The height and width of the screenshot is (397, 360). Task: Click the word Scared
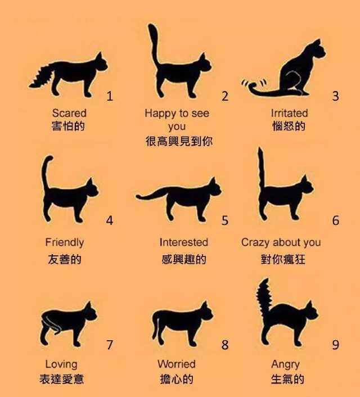69,114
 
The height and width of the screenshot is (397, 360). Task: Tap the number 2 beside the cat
225,96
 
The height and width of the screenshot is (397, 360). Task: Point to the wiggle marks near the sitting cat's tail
246,84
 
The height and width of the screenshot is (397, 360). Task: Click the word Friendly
65,242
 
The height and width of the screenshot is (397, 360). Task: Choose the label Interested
183,242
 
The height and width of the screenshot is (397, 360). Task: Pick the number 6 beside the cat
336,220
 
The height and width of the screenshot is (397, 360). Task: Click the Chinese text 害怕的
69,126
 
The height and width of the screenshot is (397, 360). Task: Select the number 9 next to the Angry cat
336,345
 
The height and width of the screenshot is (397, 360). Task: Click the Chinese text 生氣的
287,379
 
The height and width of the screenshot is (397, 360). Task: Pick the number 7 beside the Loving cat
110,345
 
